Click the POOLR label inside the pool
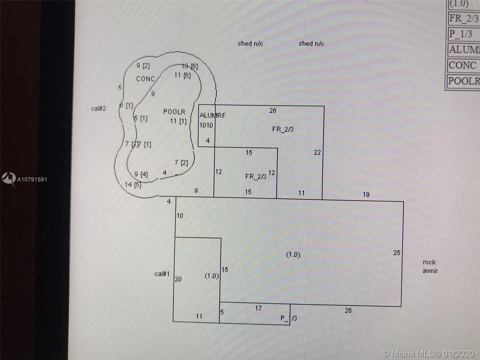pyautogui.click(x=174, y=112)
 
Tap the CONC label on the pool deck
pyautogui.click(x=145, y=79)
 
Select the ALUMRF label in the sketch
pyautogui.click(x=212, y=115)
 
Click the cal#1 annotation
pyautogui.click(x=162, y=274)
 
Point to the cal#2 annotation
pyautogui.click(x=98, y=109)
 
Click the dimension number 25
pyautogui.click(x=397, y=253)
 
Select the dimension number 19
pyautogui.click(x=366, y=195)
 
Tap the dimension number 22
pyautogui.click(x=317, y=152)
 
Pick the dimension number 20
pyautogui.click(x=178, y=279)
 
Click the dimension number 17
pyautogui.click(x=258, y=308)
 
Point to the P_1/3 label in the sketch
pyautogui.click(x=289, y=318)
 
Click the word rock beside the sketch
pyautogui.click(x=429, y=262)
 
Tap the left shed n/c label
pyautogui.click(x=250, y=44)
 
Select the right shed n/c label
pyautogui.click(x=311, y=44)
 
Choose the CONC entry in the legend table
pyautogui.click(x=462, y=66)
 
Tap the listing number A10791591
pyautogui.click(x=32, y=180)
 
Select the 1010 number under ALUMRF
pyautogui.click(x=206, y=125)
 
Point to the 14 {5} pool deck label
pyautogui.click(x=133, y=184)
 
